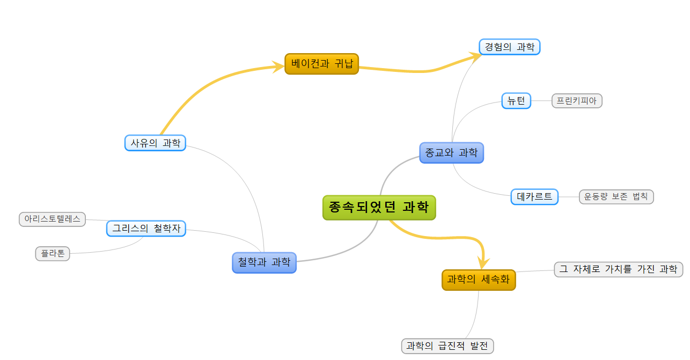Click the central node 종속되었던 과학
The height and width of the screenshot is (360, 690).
(379, 208)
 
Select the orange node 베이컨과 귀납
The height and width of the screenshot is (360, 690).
(321, 64)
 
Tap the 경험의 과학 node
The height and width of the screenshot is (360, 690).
(509, 47)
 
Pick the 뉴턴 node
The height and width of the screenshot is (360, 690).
(516, 101)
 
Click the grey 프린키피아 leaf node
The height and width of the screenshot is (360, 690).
(577, 101)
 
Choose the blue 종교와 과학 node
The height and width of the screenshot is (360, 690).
(451, 153)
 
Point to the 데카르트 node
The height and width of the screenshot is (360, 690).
(534, 197)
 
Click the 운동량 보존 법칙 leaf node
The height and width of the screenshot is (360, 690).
(616, 197)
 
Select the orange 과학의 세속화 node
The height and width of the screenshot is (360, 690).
(478, 280)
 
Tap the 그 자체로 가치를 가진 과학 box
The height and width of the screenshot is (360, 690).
(618, 269)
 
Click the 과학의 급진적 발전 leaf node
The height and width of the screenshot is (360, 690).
(447, 346)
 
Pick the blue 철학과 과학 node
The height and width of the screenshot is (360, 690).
(264, 262)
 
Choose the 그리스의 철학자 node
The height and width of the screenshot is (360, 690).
(146, 229)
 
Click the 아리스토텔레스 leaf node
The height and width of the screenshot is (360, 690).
(52, 219)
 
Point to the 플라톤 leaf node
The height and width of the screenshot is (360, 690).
(53, 254)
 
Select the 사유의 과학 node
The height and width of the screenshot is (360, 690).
(155, 143)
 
